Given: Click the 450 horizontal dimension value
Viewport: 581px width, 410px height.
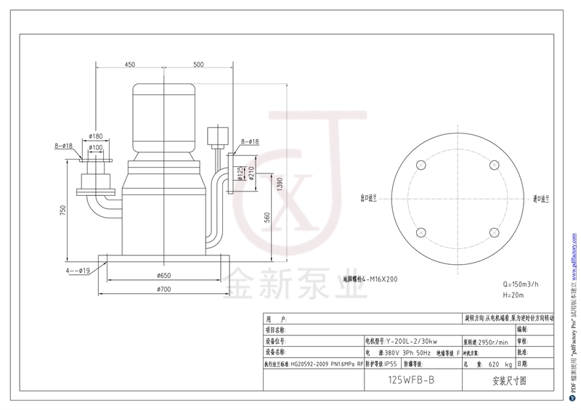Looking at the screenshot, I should [x=129, y=65].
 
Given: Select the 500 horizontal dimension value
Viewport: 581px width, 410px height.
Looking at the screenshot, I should [x=198, y=65].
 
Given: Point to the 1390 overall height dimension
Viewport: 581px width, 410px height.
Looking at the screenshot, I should [x=280, y=187].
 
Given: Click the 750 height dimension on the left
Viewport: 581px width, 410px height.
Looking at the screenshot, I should [x=63, y=210].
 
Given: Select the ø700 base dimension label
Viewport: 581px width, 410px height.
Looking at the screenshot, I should [x=163, y=290].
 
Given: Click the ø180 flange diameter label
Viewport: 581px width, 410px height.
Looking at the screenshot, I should [x=95, y=136].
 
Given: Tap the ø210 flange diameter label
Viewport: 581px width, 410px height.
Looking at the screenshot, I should [x=251, y=174].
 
